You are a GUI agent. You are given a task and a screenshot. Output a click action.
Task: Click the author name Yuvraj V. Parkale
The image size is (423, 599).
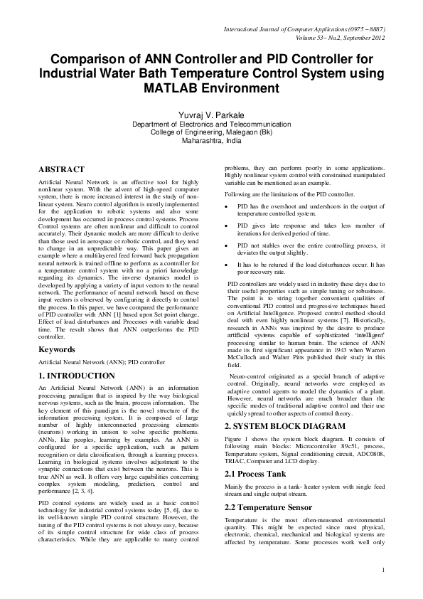pyautogui.click(x=211, y=114)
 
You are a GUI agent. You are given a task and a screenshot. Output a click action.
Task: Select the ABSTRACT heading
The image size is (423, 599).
pyautogui.click(x=61, y=169)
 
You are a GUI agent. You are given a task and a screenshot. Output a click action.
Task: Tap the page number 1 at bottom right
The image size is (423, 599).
pyautogui.click(x=383, y=589)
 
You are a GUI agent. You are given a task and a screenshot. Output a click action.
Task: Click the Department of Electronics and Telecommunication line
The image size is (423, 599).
pyautogui.click(x=211, y=123)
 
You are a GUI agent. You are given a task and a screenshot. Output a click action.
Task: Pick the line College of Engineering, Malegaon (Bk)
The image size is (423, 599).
pyautogui.click(x=211, y=132)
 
